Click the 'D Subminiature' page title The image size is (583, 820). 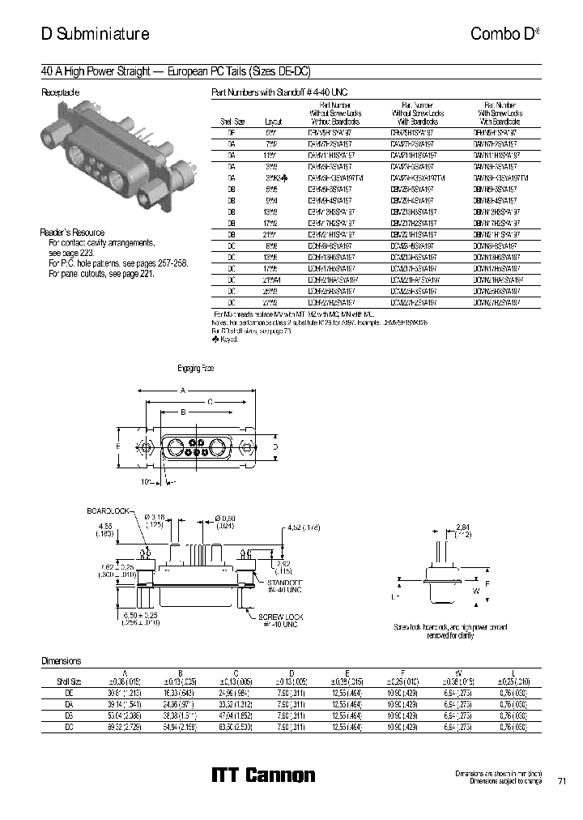[95, 34]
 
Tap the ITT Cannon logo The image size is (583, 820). [263, 775]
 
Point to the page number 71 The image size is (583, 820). [562, 781]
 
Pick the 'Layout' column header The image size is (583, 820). [272, 121]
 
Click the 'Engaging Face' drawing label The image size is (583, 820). [196, 369]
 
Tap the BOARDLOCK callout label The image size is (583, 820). [107, 512]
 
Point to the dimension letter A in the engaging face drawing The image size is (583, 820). [183, 390]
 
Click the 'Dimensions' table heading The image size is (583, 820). [62, 661]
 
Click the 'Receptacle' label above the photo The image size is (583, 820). [61, 92]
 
